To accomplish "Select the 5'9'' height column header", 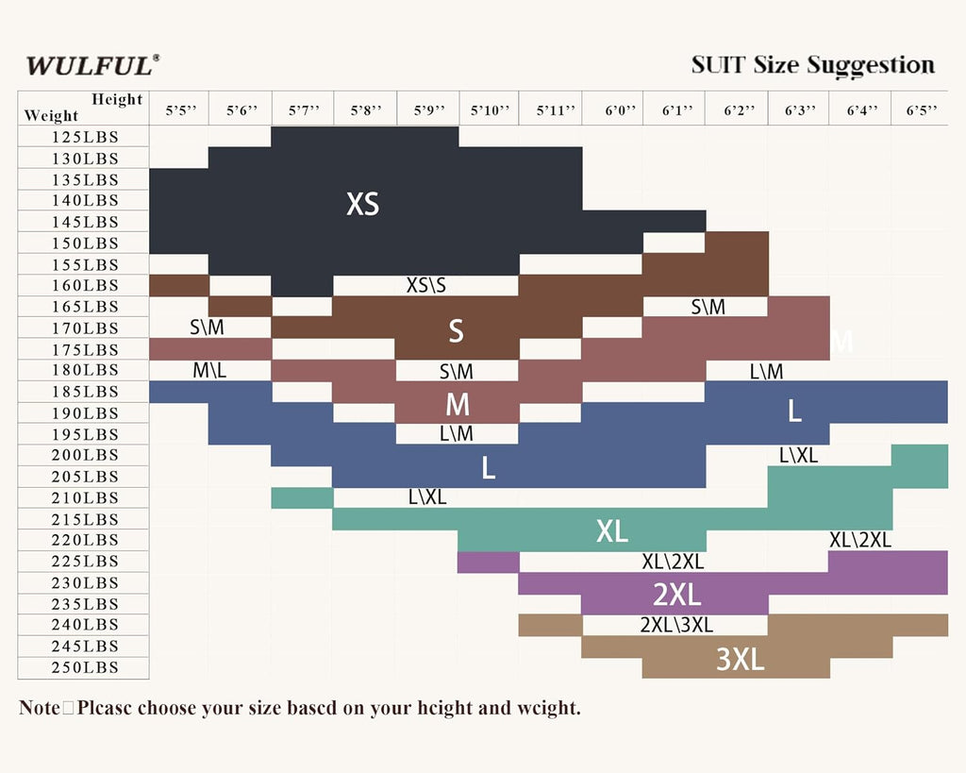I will [427, 110].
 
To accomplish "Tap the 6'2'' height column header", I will [739, 110].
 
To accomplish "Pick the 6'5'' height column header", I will [922, 110].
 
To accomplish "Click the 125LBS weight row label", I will [85, 137].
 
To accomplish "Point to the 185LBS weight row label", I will [85, 392].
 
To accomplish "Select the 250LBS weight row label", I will [85, 667].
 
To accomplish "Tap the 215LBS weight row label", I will [85, 519].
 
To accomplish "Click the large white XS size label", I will [363, 204].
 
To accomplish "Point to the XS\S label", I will [426, 285].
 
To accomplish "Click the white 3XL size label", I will [740, 659].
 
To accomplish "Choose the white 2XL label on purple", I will [676, 595].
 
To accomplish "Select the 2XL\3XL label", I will [676, 625].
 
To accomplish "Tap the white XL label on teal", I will [612, 531].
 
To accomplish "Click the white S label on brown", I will [457, 330].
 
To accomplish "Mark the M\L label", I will [209, 371].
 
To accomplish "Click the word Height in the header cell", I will [117, 100].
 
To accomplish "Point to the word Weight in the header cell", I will [52, 116].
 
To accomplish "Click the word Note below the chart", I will [39, 708].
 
